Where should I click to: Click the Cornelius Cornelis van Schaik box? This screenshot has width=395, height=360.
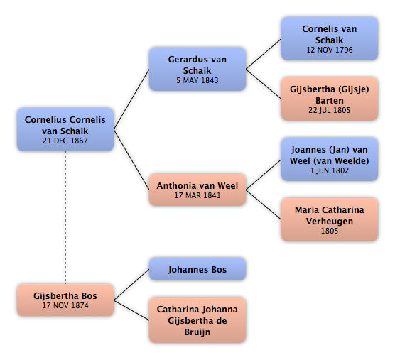coord(65,130)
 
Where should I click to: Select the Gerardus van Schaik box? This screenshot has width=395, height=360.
coord(197,69)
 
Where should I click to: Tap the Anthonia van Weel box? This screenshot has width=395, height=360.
coord(197,190)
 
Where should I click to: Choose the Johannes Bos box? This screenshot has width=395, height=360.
coord(197,269)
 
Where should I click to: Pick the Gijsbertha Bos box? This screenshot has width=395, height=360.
coord(65,300)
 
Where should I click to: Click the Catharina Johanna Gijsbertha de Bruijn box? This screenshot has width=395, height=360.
coord(197,320)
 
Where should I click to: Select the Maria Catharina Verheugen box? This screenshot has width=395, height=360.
coord(330,219)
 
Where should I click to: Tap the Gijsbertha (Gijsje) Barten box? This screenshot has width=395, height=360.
coord(330,99)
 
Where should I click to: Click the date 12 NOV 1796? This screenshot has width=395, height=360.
coord(330,50)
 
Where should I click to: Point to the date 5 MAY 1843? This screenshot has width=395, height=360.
coord(197,80)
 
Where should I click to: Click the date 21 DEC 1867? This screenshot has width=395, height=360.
coord(65,141)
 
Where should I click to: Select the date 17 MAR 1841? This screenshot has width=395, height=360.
coord(197,195)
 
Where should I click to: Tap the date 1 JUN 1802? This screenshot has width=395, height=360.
coord(330,170)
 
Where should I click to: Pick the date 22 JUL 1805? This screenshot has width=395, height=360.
coord(330,110)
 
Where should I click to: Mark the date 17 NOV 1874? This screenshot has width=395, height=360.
coord(65,305)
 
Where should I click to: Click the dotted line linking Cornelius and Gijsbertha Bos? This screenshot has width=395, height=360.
coord(65,218)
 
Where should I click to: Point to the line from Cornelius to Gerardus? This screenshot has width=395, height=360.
coord(131,99)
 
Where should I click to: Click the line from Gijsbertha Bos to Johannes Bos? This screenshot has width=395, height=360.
coord(131,285)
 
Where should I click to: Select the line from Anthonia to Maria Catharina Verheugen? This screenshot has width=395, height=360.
coord(264,204)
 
